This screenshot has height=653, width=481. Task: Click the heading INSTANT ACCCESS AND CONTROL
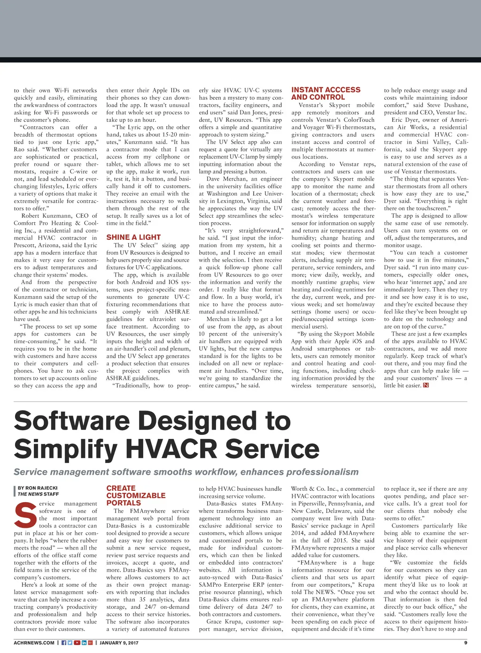click(x=326, y=93)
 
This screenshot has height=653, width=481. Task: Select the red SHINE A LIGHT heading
click(x=133, y=237)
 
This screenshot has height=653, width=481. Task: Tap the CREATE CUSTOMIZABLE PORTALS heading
click(x=136, y=496)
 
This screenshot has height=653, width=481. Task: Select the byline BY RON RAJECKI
click(x=38, y=488)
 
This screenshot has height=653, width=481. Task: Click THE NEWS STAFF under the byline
click(x=38, y=494)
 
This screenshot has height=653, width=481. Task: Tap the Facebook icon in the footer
click(x=64, y=643)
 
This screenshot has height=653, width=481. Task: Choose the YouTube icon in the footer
click(x=77, y=643)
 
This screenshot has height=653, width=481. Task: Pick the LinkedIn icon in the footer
click(x=84, y=643)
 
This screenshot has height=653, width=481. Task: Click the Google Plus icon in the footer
click(x=90, y=643)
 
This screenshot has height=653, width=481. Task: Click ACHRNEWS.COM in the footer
click(x=34, y=643)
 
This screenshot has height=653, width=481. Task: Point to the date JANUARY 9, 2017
click(x=119, y=643)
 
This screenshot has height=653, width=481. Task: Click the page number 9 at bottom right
click(x=465, y=643)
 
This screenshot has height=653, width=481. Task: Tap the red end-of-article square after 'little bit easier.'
click(x=426, y=386)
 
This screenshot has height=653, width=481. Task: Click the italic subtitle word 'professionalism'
click(x=322, y=472)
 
